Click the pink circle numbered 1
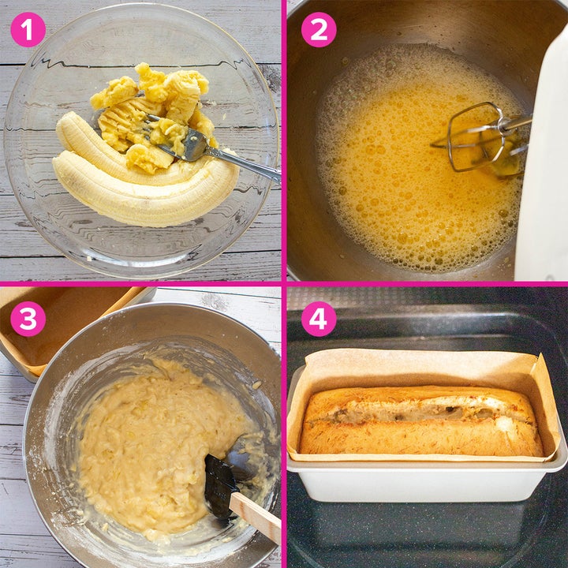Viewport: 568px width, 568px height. pyautogui.click(x=28, y=29)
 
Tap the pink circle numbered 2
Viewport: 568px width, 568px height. pyautogui.click(x=319, y=29)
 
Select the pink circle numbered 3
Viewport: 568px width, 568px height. pyautogui.click(x=28, y=319)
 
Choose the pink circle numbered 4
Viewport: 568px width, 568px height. pyautogui.click(x=319, y=319)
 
